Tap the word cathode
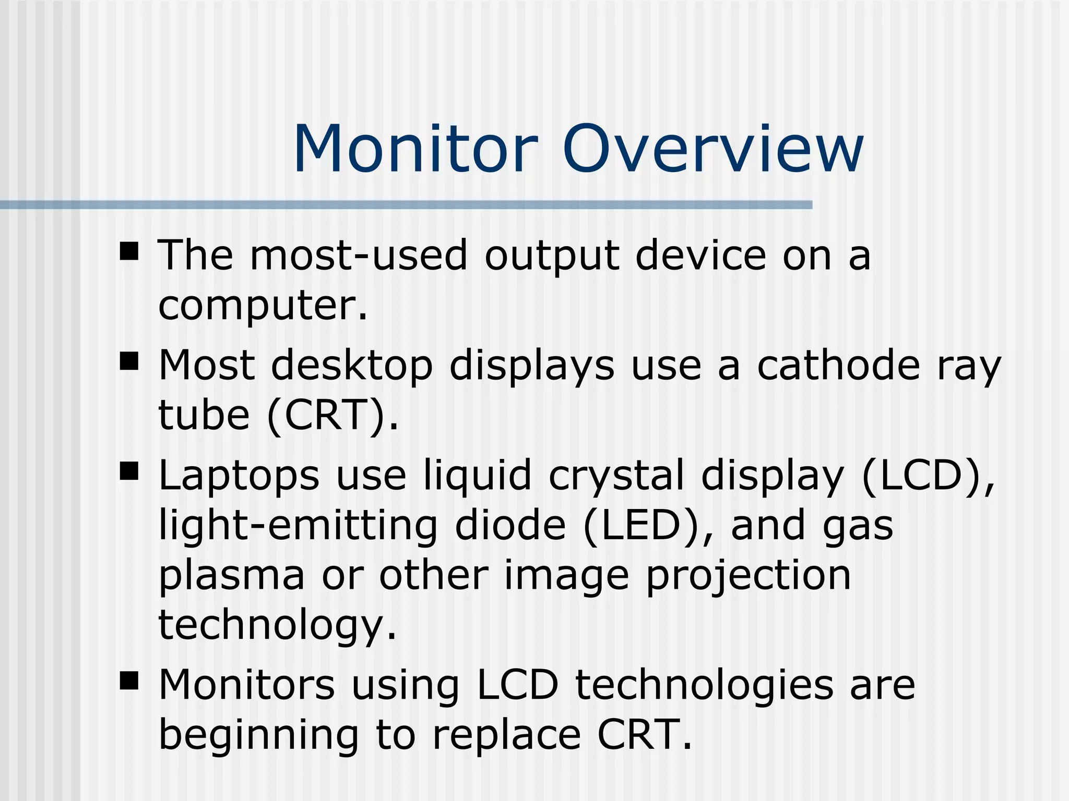(838, 366)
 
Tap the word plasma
(231, 577)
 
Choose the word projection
(749, 577)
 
